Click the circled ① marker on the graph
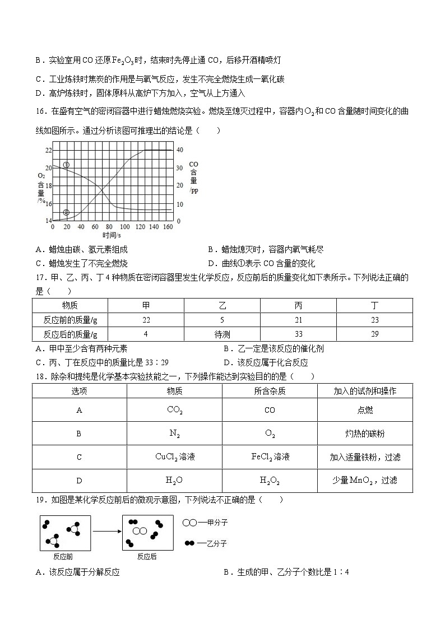pos(66,165)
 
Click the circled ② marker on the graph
pos(66,212)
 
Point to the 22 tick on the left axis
pos(48,150)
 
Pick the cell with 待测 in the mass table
pos(222,334)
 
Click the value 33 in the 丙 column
pos(298,334)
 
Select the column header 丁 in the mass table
pos(374,306)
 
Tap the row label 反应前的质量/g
pos(70,320)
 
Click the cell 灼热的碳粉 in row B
pos(365,433)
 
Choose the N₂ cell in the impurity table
pos(174,433)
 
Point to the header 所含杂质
pos(270,391)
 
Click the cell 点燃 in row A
pos(365,410)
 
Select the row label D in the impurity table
pos(79,480)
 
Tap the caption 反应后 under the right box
pos(147,557)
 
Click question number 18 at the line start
pos(40,376)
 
